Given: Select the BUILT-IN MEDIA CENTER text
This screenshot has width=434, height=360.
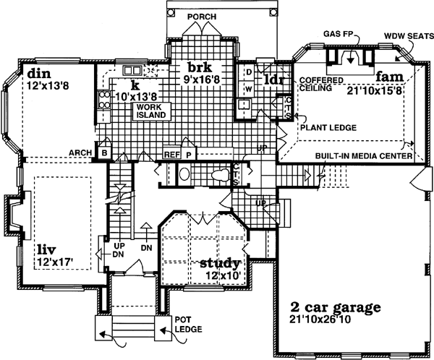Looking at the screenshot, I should coord(363,155).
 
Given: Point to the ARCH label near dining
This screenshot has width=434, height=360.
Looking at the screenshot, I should coord(80,153).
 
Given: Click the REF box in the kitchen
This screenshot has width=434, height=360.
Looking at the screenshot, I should coord(171,154).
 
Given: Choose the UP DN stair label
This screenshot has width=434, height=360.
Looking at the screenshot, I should coord(117,249).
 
